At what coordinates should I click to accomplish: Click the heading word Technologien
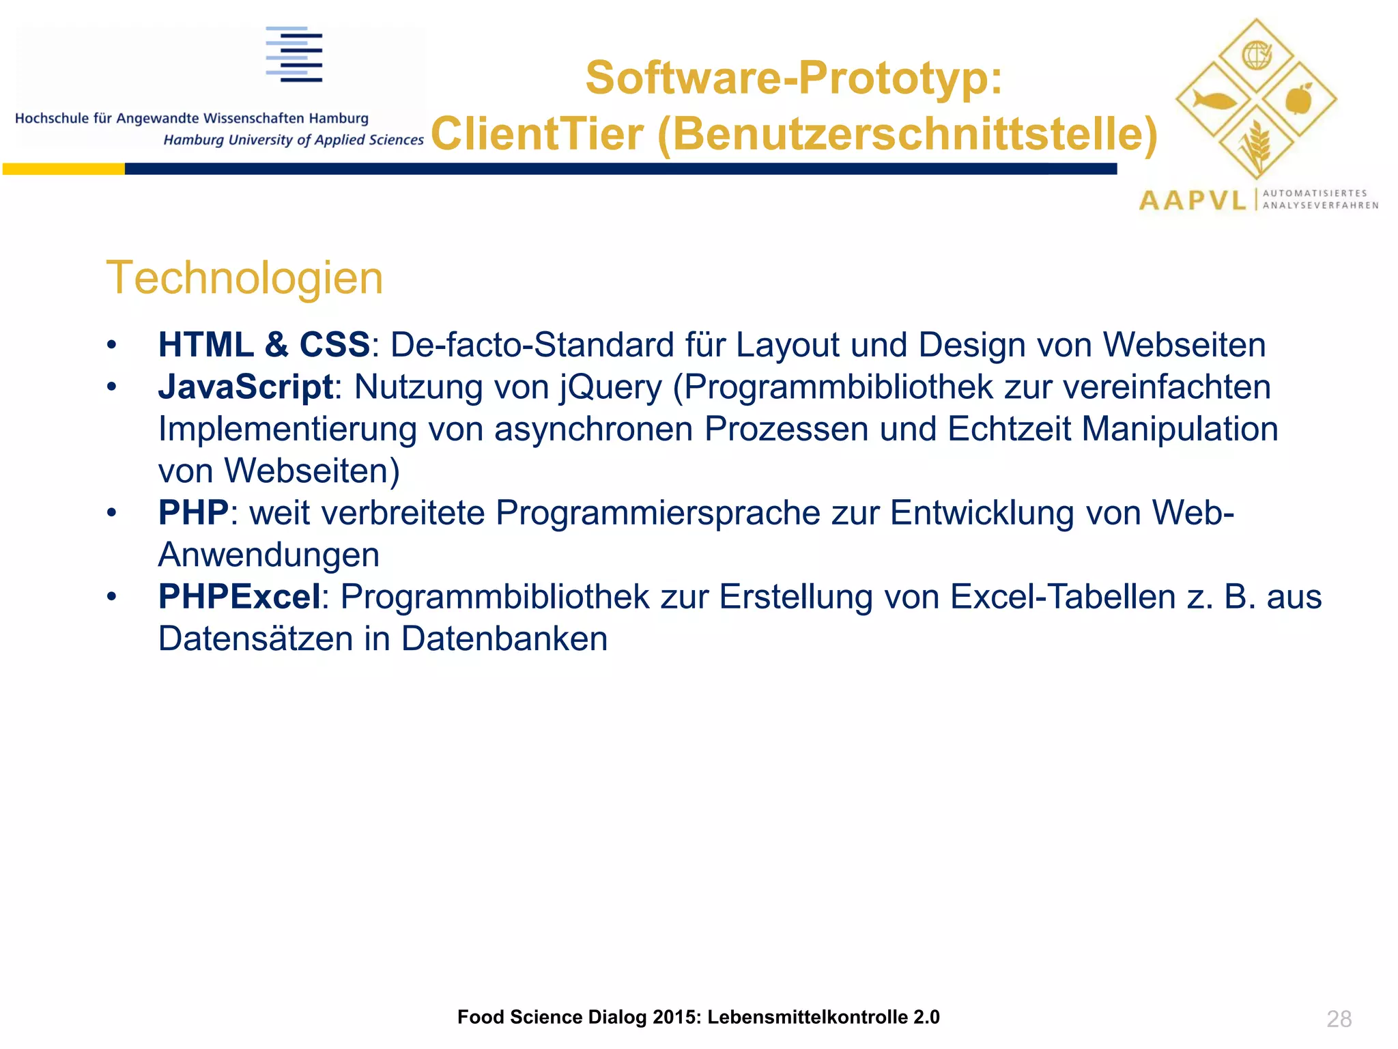(x=244, y=278)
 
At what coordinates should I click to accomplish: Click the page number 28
(x=1339, y=1018)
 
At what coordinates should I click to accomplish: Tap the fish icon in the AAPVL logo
(x=1214, y=101)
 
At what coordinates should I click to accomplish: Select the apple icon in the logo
(x=1298, y=99)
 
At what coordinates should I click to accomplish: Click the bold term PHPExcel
(x=239, y=596)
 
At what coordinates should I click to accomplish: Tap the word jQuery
(x=611, y=387)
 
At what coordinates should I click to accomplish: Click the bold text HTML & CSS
(x=263, y=344)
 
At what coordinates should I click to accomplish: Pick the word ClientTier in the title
(x=537, y=133)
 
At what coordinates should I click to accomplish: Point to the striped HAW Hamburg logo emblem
(x=294, y=55)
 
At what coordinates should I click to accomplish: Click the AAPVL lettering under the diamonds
(x=1193, y=200)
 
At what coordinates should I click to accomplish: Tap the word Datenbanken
(x=504, y=639)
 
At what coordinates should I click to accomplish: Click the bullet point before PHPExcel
(x=112, y=597)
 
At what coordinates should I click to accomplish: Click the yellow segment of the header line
(x=63, y=169)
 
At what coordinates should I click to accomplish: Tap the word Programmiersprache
(x=657, y=513)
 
